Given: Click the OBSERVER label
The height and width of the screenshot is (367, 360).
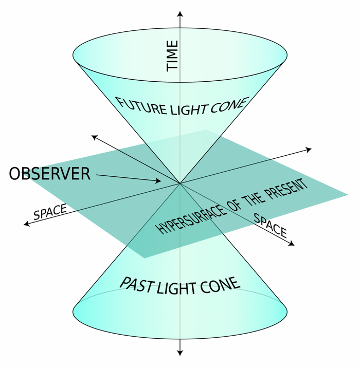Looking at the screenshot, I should click(x=50, y=174).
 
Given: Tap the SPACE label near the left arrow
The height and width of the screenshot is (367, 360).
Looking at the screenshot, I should click(x=50, y=212).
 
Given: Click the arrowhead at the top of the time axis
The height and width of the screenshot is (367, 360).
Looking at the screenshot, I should click(x=180, y=12).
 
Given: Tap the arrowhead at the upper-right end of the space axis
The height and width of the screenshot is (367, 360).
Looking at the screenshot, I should click(x=309, y=149).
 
